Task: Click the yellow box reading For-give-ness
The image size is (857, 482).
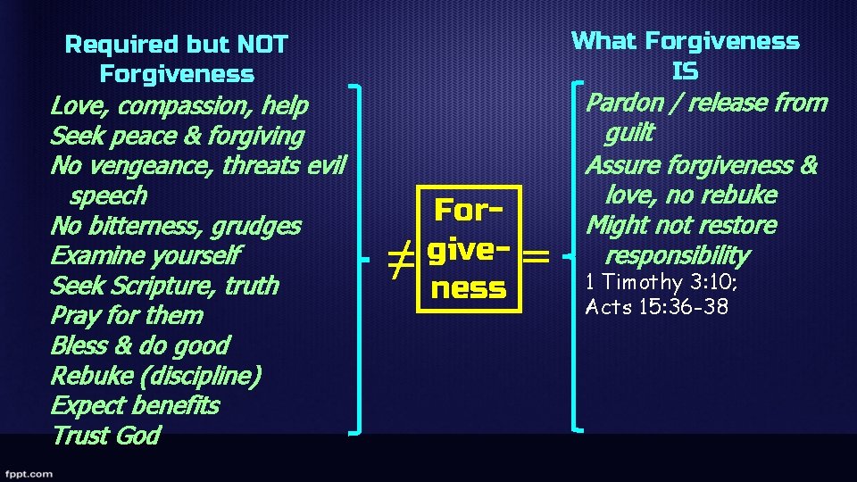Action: (x=469, y=249)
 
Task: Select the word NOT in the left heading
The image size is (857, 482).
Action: (x=262, y=44)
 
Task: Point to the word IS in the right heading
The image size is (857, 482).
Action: (x=686, y=71)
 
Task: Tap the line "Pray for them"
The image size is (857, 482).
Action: (x=127, y=316)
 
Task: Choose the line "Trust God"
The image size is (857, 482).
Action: (x=105, y=436)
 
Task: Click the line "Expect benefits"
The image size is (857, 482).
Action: (x=135, y=405)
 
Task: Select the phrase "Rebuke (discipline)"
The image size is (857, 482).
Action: (x=155, y=376)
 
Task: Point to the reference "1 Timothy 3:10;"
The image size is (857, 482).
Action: (x=661, y=283)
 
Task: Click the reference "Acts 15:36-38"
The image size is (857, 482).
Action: (x=657, y=308)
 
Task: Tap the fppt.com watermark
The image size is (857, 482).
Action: (x=28, y=473)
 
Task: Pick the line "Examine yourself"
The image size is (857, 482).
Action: (x=146, y=256)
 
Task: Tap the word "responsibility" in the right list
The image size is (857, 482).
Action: (x=678, y=256)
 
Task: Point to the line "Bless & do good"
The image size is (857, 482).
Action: (x=140, y=345)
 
